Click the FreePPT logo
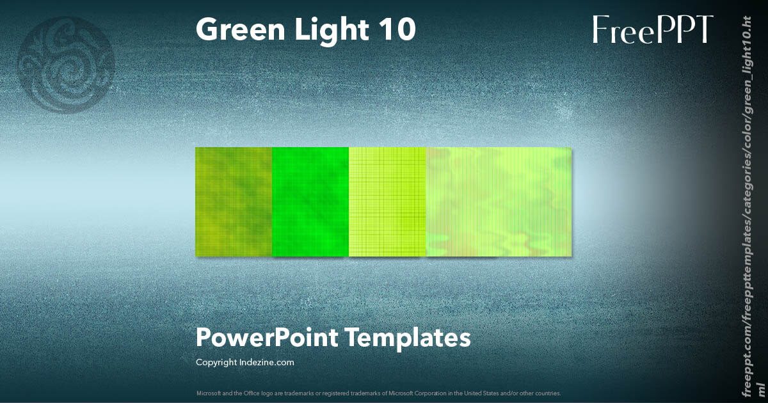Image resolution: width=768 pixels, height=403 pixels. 652,29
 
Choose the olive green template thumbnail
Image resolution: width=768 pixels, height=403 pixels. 234,201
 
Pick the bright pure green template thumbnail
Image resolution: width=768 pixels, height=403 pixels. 310,201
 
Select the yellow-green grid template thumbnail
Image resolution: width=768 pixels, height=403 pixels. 387,201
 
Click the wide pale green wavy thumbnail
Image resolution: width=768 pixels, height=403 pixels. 499,201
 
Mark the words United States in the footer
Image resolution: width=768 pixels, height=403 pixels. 470,393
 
